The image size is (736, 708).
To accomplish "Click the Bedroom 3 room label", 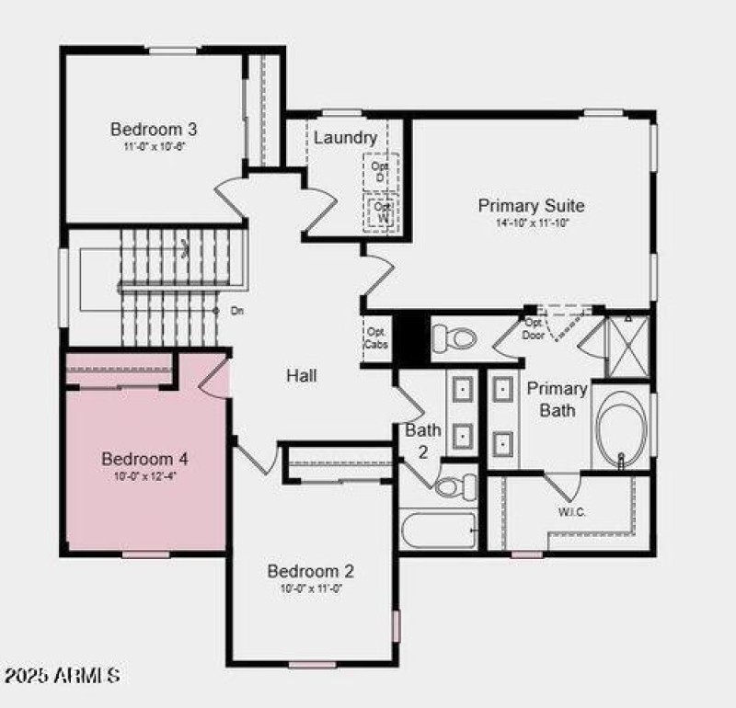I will coord(154,129).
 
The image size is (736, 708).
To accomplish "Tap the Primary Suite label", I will coord(531,205).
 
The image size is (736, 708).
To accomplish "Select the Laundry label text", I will coord(345,138).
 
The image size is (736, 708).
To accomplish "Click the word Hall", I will coord(302,375).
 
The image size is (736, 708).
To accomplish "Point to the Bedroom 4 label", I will coord(145,459).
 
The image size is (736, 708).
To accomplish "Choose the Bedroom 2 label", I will coord(310,571).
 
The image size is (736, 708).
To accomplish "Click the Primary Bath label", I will coord(557,399).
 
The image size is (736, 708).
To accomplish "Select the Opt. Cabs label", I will coord(377,337).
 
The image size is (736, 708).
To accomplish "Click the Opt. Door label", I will coord(534,329).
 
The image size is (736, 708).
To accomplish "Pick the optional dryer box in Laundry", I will coord(379,171).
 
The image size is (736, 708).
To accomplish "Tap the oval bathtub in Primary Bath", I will coord(621,429).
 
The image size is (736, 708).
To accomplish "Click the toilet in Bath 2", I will coord(455,485).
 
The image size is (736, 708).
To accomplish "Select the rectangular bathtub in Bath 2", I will coord(439,530).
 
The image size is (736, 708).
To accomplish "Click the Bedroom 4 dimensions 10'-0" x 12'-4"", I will coord(145,476).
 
